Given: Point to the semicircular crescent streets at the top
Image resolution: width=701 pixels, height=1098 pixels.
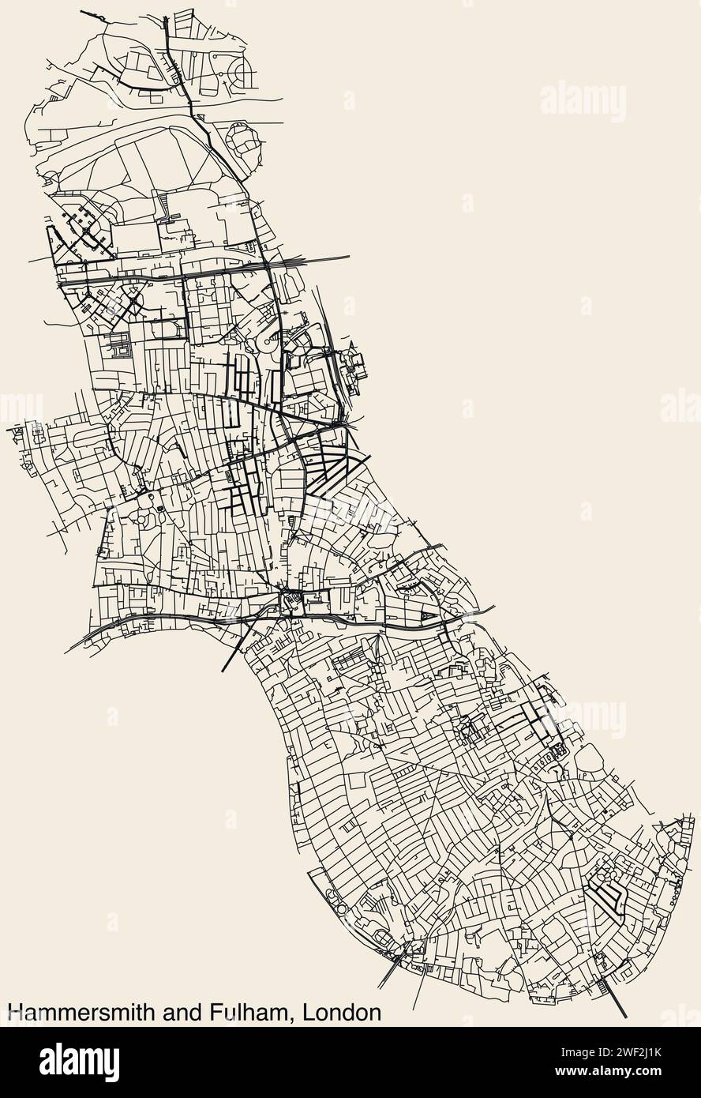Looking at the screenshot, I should coord(241,75).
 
